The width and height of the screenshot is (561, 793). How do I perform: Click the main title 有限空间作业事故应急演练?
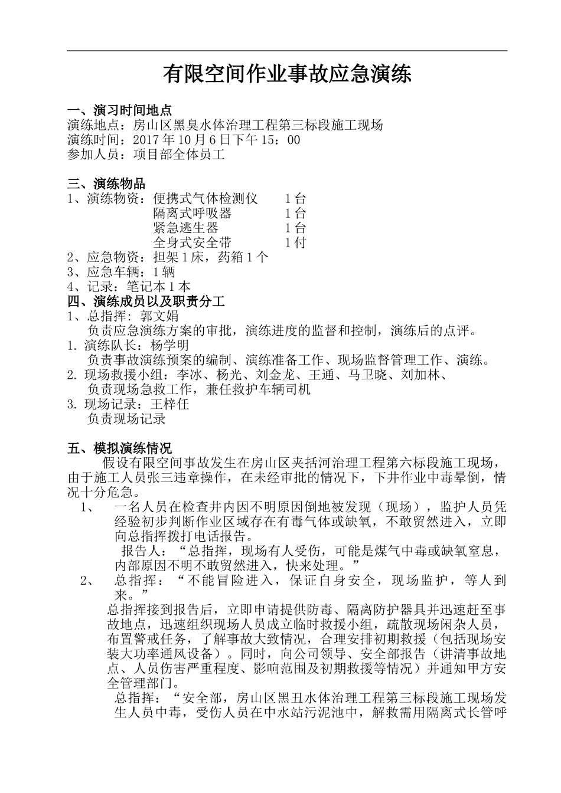pos(287,75)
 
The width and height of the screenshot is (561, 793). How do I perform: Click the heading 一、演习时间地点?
pos(120,110)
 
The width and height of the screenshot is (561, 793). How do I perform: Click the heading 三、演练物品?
pos(106,184)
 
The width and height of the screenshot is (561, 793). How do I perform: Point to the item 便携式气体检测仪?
pos(205,199)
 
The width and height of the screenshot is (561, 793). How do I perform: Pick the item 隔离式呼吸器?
pos(192,214)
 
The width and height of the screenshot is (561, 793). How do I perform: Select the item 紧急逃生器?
pos(185,228)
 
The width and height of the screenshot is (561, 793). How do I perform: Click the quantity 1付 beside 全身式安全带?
pos(295,243)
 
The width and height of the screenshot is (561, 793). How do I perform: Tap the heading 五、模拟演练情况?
pos(120,448)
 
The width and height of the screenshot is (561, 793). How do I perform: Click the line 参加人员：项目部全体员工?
pos(146,155)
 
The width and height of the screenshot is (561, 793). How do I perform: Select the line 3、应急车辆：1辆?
pos(121,272)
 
